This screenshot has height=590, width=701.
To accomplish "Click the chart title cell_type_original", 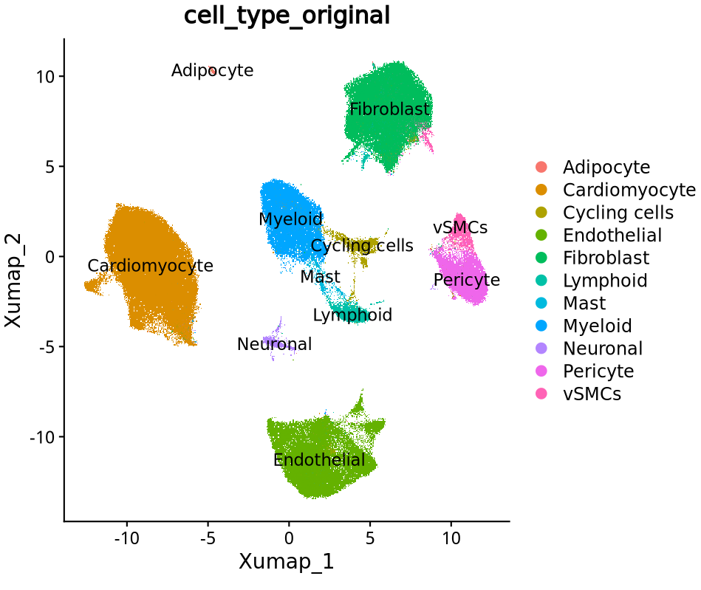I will [287, 16].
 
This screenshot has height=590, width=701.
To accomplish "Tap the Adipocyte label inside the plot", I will [212, 71].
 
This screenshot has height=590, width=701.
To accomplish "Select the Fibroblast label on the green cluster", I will [389, 110].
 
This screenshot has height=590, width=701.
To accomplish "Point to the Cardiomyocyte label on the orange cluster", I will [150, 266].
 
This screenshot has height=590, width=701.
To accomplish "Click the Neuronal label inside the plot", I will [274, 344].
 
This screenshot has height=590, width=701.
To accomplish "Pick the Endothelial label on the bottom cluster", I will [319, 460].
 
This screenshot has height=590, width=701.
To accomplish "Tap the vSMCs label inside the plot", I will [460, 227].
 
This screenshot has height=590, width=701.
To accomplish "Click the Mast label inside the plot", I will [320, 277].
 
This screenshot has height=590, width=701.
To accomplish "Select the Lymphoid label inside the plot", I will [352, 315].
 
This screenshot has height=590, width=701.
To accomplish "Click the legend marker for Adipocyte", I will [541, 168].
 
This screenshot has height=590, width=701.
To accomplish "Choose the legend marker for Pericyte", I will [541, 371].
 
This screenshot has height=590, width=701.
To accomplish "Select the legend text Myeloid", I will [598, 326].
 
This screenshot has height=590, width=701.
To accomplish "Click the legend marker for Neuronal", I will [541, 349].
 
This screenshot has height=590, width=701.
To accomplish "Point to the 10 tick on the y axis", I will [47, 76].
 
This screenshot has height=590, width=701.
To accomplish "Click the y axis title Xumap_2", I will [14, 281].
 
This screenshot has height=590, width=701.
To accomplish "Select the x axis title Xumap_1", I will [287, 562].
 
